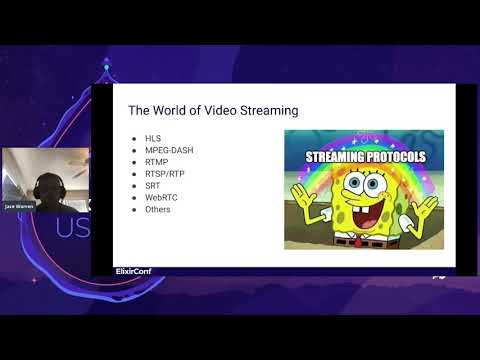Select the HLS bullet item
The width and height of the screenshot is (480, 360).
tap(152, 135)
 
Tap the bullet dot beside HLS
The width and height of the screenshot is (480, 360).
tap(134, 135)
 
